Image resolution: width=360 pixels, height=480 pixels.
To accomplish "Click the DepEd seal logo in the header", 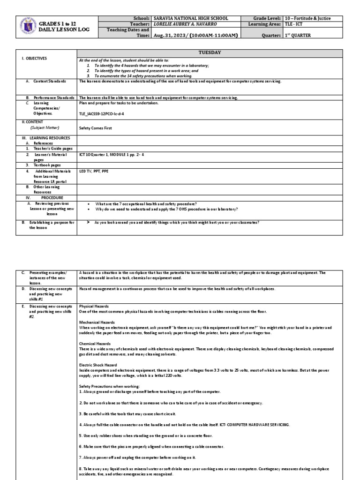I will click(30, 28).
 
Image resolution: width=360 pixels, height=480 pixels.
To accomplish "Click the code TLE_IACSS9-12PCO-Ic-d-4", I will click(102, 113).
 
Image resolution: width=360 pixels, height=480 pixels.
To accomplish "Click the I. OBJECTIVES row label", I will click(34, 59).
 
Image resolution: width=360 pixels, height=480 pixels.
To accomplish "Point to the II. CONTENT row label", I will click(32, 121).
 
